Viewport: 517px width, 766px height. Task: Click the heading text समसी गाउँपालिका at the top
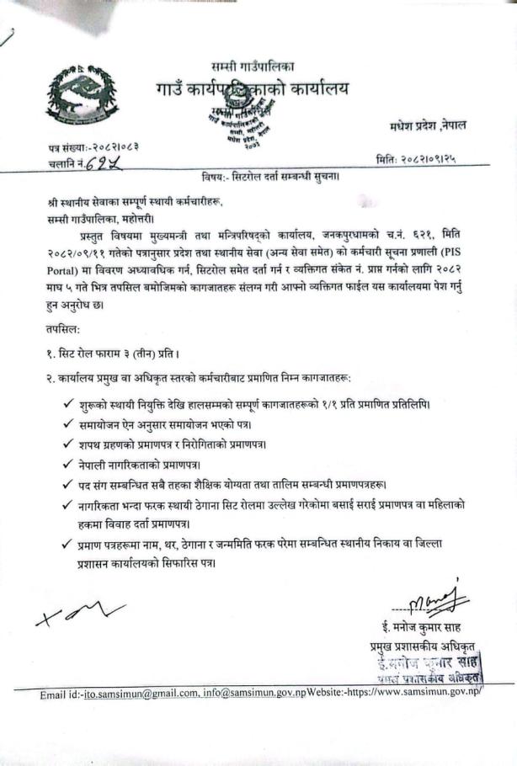(253, 66)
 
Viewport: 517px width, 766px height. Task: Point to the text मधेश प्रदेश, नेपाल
(428, 125)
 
